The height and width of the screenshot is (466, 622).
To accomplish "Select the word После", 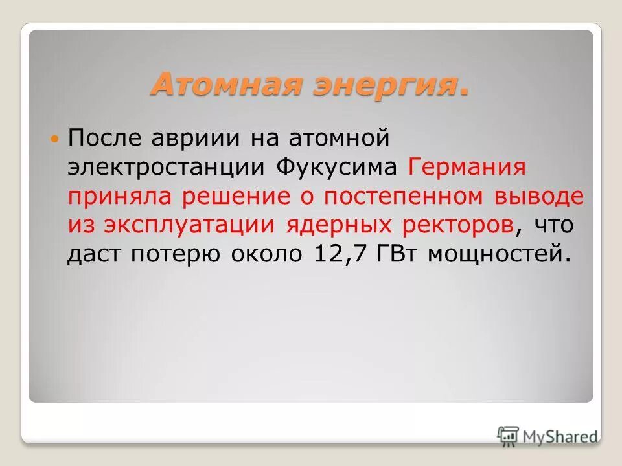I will coord(106,137).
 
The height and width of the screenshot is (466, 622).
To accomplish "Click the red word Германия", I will coord(466,167).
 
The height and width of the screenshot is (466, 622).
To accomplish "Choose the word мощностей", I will coord(501,254).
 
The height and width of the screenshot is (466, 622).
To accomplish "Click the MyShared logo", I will coord(547,436).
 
